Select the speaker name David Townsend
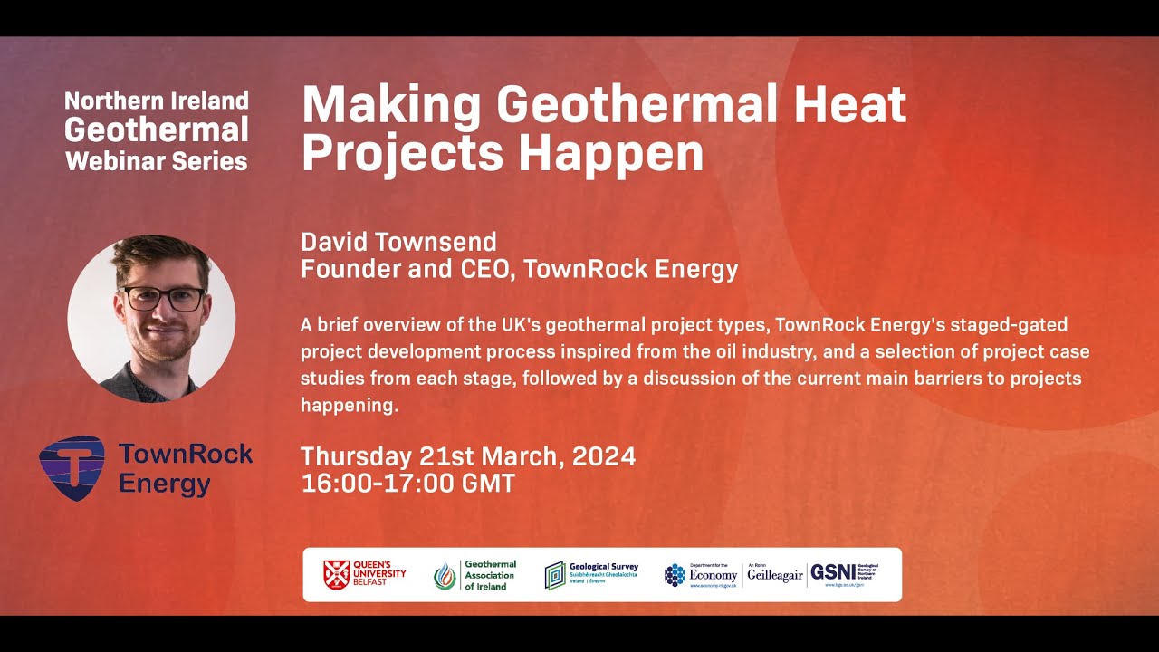(398, 242)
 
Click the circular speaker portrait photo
(151, 318)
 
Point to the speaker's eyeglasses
(163, 298)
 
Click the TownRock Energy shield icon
(72, 467)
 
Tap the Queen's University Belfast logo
(365, 574)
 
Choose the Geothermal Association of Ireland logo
(474, 574)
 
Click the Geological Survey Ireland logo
(591, 574)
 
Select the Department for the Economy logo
(702, 574)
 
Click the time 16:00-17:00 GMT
(407, 484)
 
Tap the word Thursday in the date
(356, 455)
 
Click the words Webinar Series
(157, 161)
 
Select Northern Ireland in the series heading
(157, 101)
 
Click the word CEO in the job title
(487, 269)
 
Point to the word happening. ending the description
(350, 406)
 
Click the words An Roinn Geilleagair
(775, 574)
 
